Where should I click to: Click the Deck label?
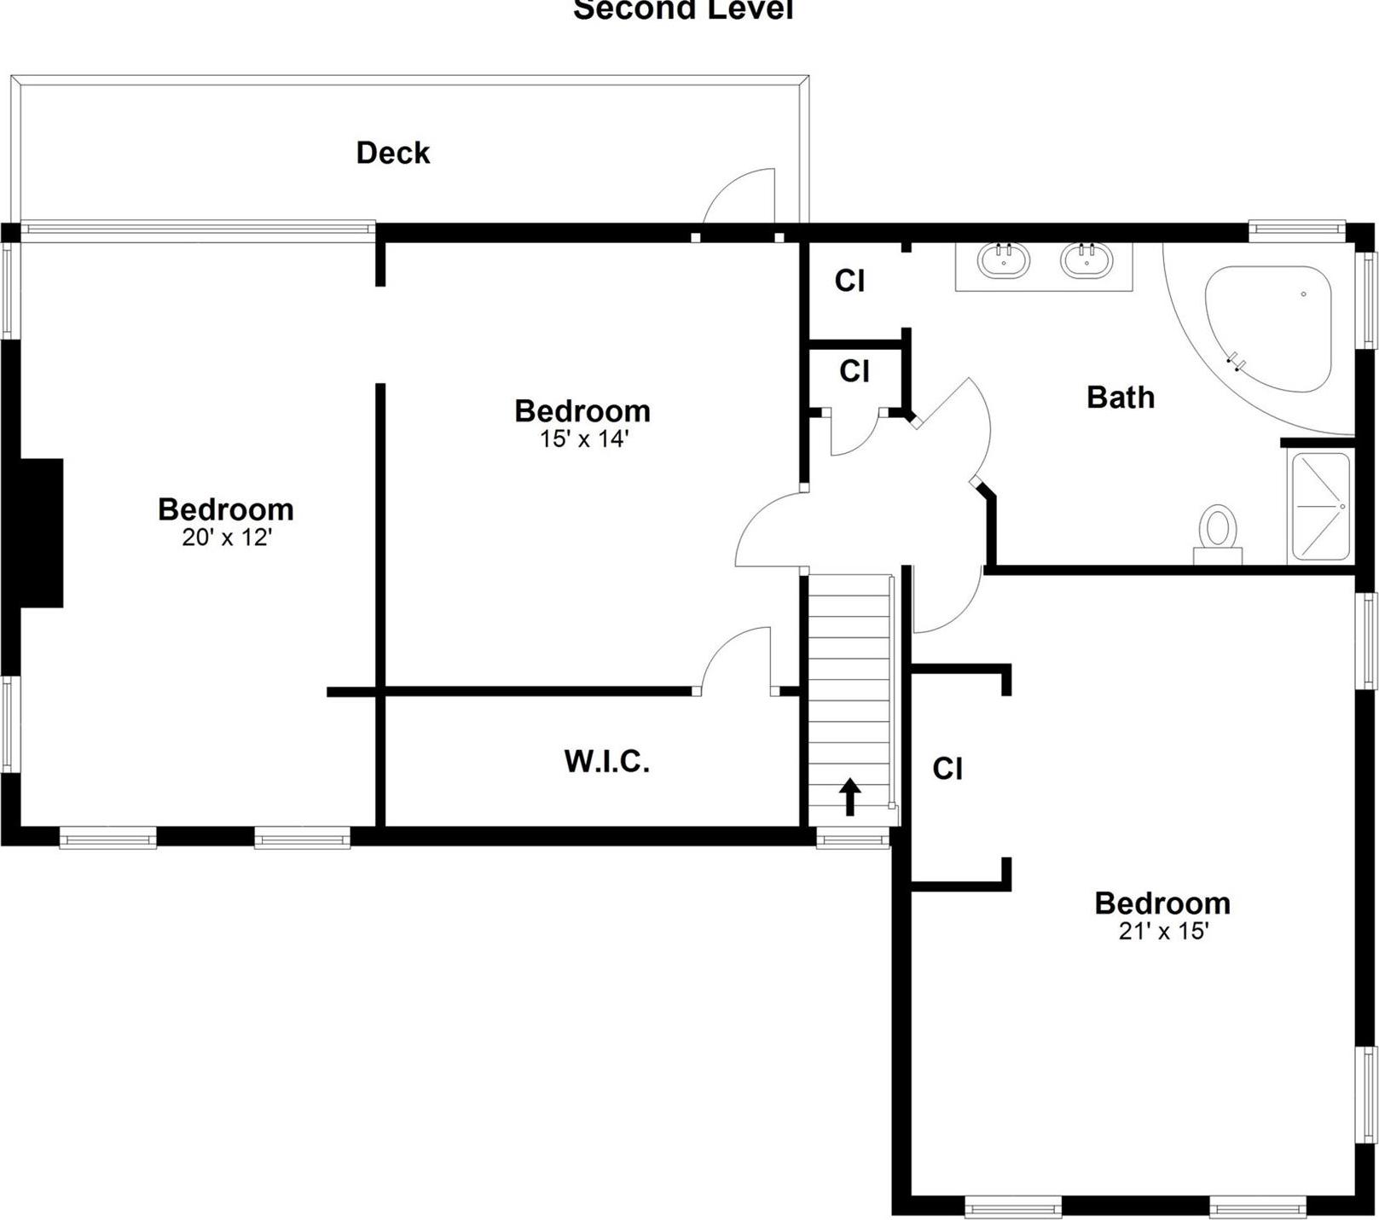[x=392, y=153]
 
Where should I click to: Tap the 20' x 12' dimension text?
[x=226, y=537]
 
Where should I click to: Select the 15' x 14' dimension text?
[x=583, y=439]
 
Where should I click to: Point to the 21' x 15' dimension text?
[x=1163, y=931]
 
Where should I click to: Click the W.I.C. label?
[x=606, y=761]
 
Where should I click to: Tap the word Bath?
[x=1120, y=397]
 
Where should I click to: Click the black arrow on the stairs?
[x=849, y=797]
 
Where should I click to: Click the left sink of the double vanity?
[x=1004, y=259]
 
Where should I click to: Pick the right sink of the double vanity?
[x=1086, y=259]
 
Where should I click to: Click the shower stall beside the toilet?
[x=1320, y=507]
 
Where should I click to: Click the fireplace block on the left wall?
[x=41, y=532]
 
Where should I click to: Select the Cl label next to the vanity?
[x=849, y=281]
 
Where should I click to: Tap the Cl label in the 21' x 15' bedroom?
[x=947, y=769]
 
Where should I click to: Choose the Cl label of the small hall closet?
[x=854, y=371]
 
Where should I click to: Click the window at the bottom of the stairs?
[x=853, y=839]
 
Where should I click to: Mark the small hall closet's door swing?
[x=855, y=433]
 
